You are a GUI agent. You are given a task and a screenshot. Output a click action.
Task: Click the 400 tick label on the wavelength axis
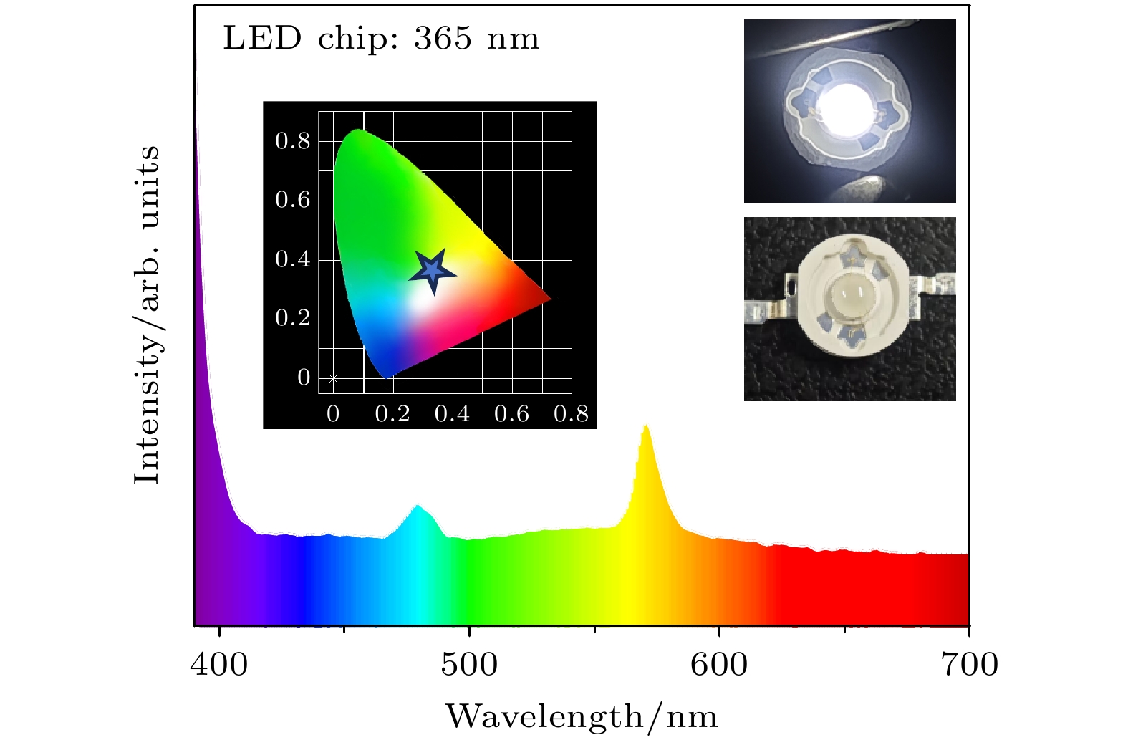tap(219, 665)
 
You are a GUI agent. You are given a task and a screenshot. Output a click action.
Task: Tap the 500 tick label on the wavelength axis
tap(469, 665)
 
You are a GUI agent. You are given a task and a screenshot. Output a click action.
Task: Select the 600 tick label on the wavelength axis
tap(718, 665)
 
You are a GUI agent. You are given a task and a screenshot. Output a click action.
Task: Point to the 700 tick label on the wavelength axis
tap(969, 665)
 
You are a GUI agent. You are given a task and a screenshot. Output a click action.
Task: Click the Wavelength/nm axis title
tap(582, 716)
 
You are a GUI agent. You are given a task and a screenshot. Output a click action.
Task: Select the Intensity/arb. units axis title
tap(148, 315)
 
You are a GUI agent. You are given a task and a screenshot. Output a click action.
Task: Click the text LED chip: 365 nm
tap(381, 39)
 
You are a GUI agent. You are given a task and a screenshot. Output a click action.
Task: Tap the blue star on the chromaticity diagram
tap(433, 271)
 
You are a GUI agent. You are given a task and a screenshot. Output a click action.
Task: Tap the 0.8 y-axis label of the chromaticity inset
tap(293, 141)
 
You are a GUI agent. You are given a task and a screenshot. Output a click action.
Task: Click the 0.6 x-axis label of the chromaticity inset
tap(511, 414)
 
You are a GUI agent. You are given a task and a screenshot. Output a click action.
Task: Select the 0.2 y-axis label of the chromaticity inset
tap(293, 318)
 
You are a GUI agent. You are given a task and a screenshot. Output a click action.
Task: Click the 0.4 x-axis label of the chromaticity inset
tap(452, 414)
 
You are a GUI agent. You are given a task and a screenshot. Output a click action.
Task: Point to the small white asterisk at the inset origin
tap(333, 378)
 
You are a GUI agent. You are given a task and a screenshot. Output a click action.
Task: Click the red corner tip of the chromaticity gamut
tap(548, 299)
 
